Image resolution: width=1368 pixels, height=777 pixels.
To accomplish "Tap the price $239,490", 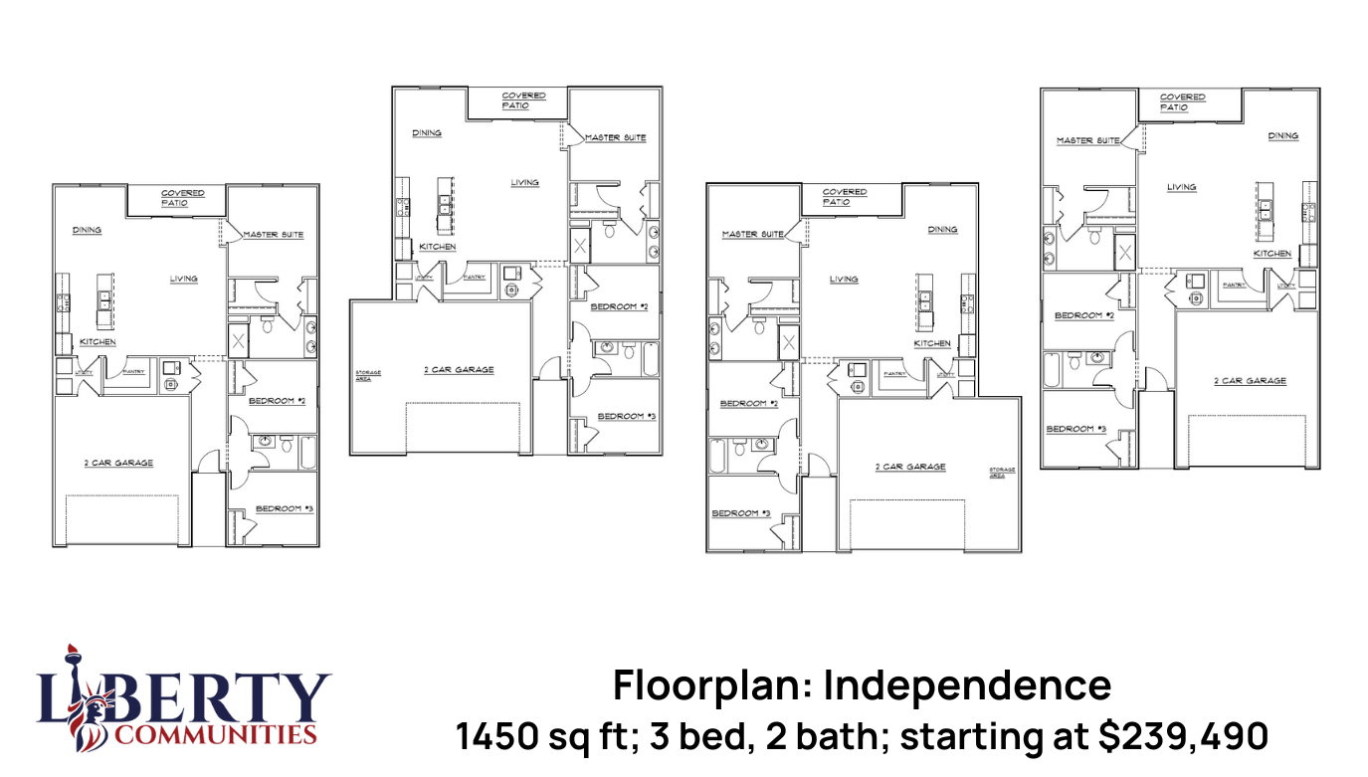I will (x=1183, y=736).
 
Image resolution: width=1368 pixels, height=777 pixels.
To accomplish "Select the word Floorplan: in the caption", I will (x=713, y=685).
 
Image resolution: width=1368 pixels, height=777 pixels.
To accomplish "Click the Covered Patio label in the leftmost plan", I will (x=183, y=198).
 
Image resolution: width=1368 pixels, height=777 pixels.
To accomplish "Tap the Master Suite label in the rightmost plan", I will (x=1088, y=140).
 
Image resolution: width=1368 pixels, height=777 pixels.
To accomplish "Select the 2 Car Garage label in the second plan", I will (x=459, y=370).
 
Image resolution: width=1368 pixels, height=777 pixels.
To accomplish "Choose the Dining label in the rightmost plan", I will (x=1282, y=135).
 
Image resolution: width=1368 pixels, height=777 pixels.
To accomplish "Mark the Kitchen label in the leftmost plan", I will (x=98, y=342).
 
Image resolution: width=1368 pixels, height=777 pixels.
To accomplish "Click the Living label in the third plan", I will (x=843, y=279).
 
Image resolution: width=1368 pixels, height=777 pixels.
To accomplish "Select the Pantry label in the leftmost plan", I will (x=133, y=372).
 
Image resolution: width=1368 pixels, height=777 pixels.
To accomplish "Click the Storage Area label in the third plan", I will (x=1002, y=472).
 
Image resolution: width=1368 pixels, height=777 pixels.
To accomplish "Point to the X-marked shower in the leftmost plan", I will (x=238, y=341).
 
